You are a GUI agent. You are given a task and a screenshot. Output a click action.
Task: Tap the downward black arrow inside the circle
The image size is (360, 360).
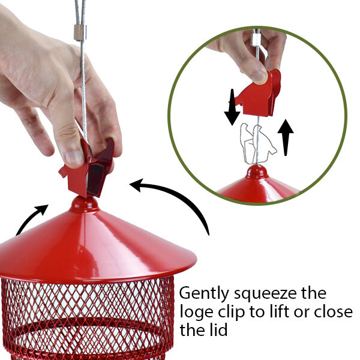[232, 107]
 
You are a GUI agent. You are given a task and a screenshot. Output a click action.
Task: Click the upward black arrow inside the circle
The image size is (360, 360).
[286, 137]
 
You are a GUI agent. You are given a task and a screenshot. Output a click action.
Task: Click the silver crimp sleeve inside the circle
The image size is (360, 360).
[256, 40]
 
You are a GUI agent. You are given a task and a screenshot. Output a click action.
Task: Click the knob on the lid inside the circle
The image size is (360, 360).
[257, 171]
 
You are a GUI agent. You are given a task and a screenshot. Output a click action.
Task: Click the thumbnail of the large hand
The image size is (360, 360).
[74, 159]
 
